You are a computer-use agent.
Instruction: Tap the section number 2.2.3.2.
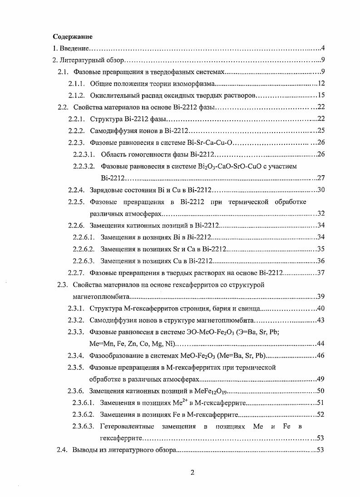(84, 166)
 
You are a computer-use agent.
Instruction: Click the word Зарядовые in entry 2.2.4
(105, 190)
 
